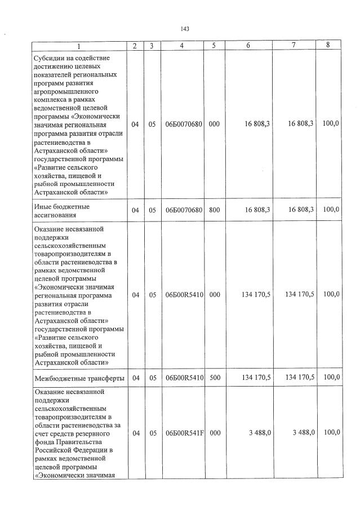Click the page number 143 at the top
[x=184, y=29]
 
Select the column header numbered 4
[x=184, y=46]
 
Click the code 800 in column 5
[x=214, y=210]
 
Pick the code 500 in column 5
[x=214, y=378]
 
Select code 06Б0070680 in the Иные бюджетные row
[x=184, y=210]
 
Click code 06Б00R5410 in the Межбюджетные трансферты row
[x=184, y=378]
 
